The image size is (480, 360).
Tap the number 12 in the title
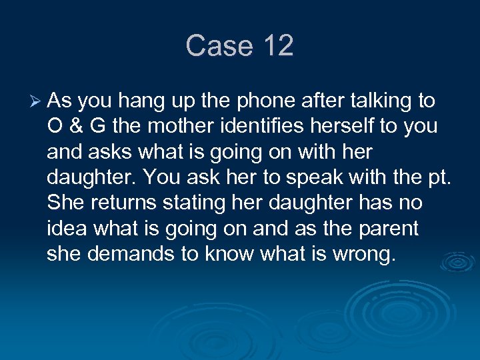coord(278,46)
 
